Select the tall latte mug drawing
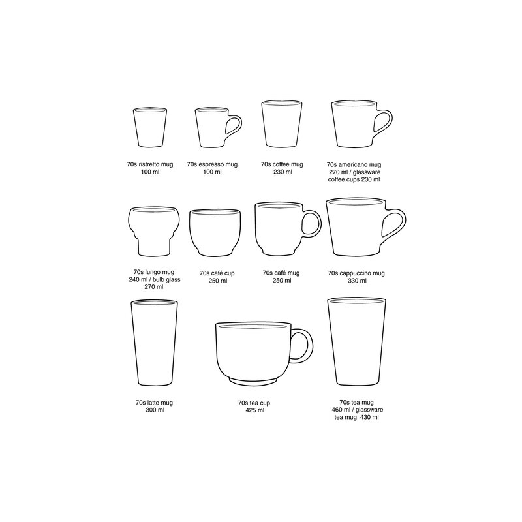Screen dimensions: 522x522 click(x=154, y=345)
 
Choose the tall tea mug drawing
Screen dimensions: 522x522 click(x=355, y=343)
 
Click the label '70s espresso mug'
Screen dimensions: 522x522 click(x=213, y=166)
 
